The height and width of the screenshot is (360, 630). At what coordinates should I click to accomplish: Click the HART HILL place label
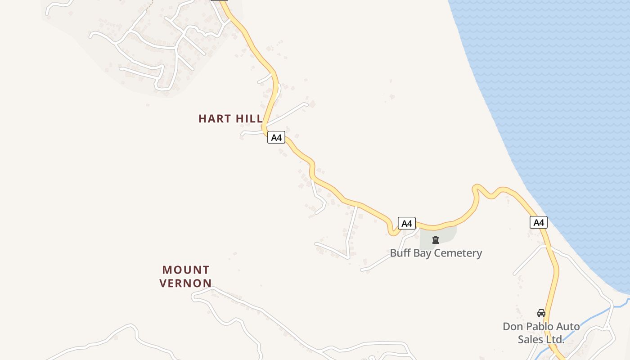tap(230, 119)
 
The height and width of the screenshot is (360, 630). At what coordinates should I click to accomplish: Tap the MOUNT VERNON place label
tap(186, 276)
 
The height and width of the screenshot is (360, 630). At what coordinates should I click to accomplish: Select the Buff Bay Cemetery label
tap(436, 253)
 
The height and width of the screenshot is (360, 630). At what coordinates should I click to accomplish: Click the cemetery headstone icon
tap(436, 240)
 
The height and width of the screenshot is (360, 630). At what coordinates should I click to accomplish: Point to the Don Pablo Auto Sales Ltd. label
tap(541, 333)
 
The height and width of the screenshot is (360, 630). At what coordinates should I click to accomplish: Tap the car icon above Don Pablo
tap(541, 313)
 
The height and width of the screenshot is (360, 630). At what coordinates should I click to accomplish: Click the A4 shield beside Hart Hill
tap(276, 137)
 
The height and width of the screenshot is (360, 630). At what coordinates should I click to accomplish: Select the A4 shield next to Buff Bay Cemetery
tap(406, 223)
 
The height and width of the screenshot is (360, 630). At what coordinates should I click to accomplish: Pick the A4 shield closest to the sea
tap(539, 222)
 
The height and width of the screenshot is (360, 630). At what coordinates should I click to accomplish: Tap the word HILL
tap(249, 119)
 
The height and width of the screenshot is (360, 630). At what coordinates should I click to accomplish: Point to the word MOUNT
tap(186, 270)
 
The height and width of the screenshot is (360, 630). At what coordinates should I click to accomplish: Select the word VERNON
tap(186, 283)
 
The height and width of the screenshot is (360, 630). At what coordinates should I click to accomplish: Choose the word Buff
tap(400, 253)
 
